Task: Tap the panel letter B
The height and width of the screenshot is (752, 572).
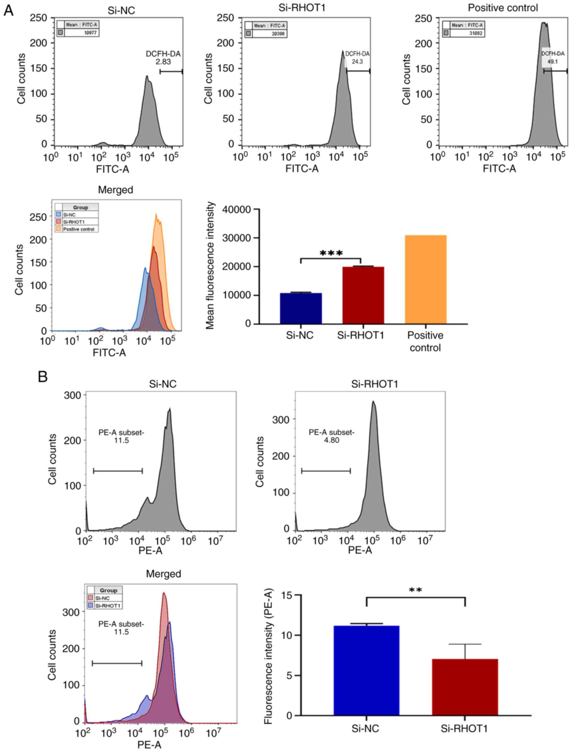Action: pos(43,377)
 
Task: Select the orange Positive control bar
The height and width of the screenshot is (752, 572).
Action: pos(426,279)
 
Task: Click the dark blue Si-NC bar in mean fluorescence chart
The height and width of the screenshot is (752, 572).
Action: pos(301,308)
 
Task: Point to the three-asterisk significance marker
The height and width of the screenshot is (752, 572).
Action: pos(331,253)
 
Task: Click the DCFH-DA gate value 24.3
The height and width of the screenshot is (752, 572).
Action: pos(357,62)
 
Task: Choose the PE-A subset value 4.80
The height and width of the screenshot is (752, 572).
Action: pos(331,440)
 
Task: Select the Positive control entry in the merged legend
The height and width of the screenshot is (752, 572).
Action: pos(78,229)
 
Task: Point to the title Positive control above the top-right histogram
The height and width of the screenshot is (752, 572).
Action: pos(502,8)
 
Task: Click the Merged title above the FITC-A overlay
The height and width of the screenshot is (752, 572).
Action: pos(115,190)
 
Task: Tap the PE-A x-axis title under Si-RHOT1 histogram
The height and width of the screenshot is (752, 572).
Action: pos(359,550)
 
